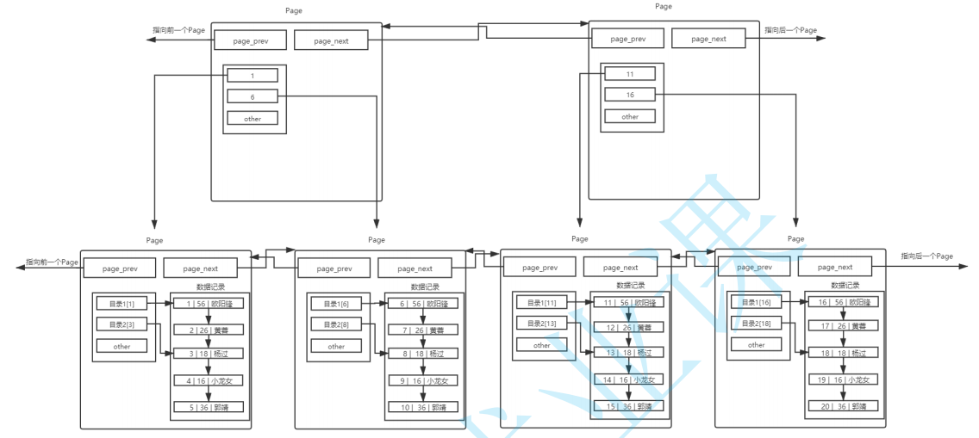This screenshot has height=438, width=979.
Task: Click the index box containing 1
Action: tap(253, 76)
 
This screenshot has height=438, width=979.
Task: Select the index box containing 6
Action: tap(253, 96)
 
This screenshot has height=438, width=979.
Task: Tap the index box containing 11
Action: tap(630, 74)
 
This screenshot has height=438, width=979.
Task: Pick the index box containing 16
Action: tap(630, 95)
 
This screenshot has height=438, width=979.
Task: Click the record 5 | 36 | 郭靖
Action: tap(209, 407)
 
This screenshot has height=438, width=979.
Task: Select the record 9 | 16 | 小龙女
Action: tap(423, 380)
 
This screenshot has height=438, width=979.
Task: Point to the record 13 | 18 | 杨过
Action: tap(627, 353)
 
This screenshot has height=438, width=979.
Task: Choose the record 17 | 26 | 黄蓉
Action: tap(843, 326)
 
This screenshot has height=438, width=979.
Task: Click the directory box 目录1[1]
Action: tap(122, 303)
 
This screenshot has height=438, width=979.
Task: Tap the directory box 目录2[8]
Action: tap(336, 324)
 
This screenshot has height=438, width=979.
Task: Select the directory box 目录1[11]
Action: tap(541, 302)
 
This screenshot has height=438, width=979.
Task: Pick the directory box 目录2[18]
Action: tap(756, 324)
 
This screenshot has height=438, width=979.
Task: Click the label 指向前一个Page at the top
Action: tap(178, 30)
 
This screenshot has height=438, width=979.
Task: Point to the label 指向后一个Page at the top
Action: tap(790, 30)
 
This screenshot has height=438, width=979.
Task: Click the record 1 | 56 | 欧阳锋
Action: tap(209, 303)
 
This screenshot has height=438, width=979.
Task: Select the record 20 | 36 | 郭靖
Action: tap(843, 406)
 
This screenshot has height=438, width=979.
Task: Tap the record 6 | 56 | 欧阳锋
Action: tap(423, 303)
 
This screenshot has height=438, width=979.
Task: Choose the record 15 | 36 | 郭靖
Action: tap(627, 405)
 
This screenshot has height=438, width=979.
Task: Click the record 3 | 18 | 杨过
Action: tap(209, 354)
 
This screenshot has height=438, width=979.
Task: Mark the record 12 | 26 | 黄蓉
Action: tap(627, 327)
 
